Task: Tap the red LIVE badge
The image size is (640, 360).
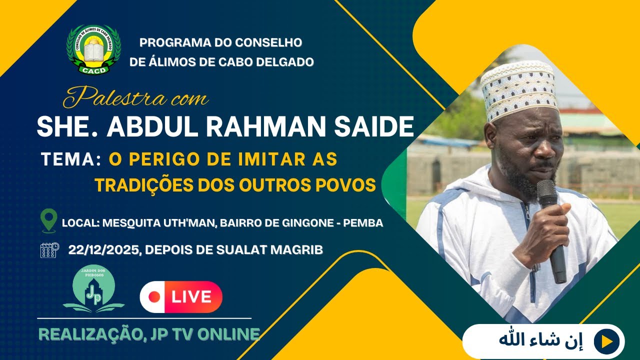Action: click(181, 297)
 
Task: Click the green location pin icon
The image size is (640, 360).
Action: click(48, 221)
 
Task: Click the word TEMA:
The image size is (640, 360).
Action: click(71, 159)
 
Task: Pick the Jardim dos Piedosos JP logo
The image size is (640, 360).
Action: click(93, 288)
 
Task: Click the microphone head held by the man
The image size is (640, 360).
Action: click(546, 192)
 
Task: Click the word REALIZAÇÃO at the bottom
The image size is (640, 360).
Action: click(88, 334)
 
